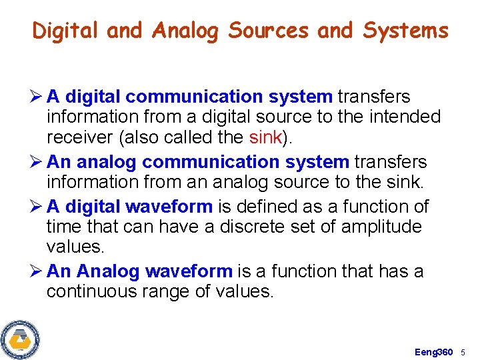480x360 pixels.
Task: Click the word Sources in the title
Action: [269, 31]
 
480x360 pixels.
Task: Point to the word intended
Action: [403, 117]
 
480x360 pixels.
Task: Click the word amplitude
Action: [381, 227]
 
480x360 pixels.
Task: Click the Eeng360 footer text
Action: [434, 351]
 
